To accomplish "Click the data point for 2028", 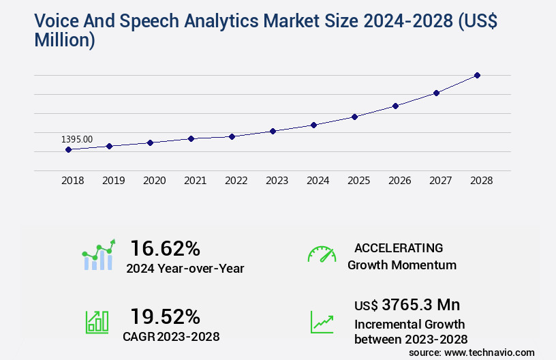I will [x=477, y=75].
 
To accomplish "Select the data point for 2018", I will [x=68, y=149].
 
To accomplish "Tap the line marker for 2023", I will [x=273, y=131].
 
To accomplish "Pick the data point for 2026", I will [x=395, y=106].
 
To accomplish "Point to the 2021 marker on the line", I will [x=191, y=138].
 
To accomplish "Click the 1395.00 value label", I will [x=77, y=139].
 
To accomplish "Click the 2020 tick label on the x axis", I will [x=154, y=181].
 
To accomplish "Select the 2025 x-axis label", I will [x=358, y=181].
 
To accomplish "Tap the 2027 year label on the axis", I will [x=440, y=181].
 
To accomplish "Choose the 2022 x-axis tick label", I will [x=236, y=181].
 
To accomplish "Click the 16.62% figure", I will [x=165, y=248].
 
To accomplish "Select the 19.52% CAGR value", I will [x=165, y=316].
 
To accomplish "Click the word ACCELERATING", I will [x=399, y=247].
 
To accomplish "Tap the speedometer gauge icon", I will [x=322, y=254].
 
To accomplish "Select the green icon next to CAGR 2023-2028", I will [x=97, y=322].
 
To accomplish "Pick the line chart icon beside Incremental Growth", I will [x=322, y=322].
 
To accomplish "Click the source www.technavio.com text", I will [x=472, y=352].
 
